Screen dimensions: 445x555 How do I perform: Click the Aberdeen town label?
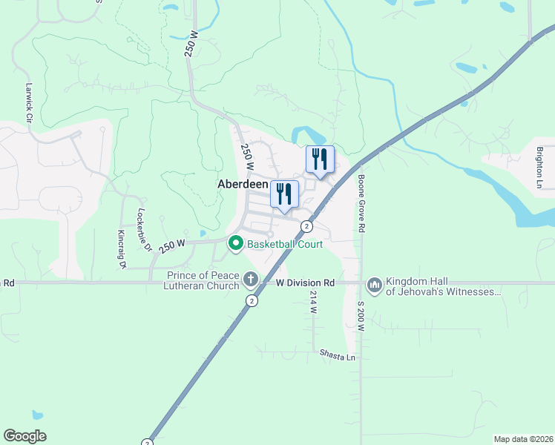click(x=242, y=183)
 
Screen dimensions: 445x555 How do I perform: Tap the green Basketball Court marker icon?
click(x=236, y=243)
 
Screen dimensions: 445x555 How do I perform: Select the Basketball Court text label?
click(x=285, y=244)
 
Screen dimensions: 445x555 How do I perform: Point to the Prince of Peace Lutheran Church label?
click(x=203, y=281)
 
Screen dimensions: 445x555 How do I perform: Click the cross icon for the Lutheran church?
click(x=251, y=280)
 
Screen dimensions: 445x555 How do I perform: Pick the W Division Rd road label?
click(x=306, y=283)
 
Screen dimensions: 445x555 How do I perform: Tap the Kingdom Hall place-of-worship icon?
click(x=374, y=285)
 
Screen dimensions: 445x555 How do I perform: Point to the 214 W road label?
click(x=313, y=302)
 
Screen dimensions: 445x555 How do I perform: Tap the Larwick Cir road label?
click(x=30, y=102)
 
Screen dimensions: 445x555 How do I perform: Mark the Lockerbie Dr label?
click(x=143, y=229)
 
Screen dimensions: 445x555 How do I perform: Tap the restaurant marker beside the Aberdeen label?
click(x=284, y=194)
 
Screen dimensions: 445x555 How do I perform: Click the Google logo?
click(x=24, y=436)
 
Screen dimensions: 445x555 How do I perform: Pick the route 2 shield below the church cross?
click(x=252, y=300)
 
